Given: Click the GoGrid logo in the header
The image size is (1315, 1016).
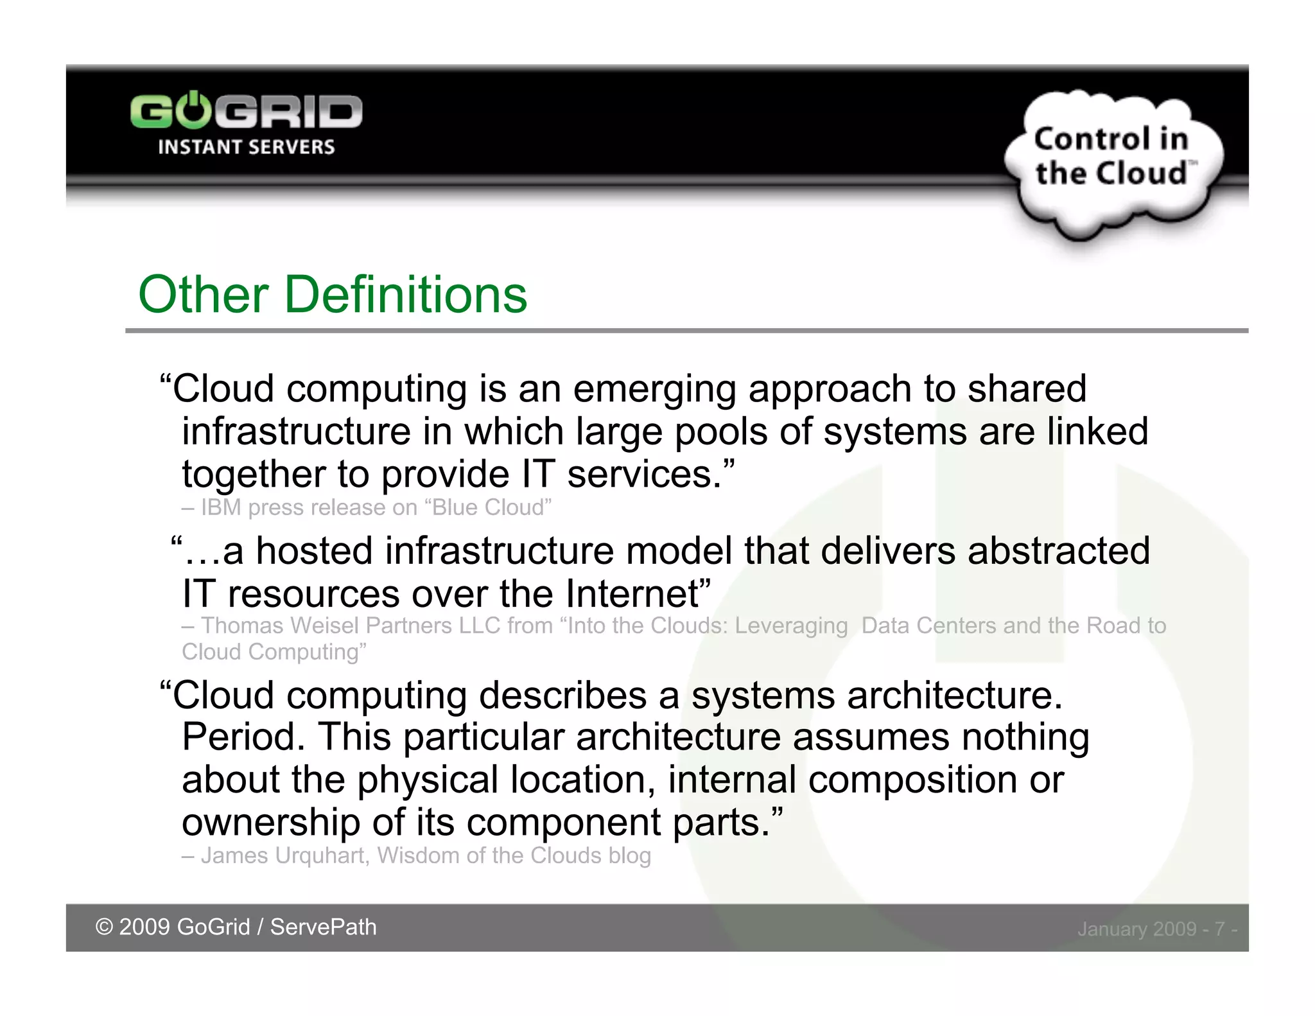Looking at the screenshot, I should click(247, 112).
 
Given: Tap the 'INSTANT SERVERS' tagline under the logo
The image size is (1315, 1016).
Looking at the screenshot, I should click(247, 147).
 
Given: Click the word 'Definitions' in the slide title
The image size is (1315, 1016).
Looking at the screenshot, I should click(405, 295).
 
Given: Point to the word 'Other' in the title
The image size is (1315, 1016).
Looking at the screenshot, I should click(203, 295).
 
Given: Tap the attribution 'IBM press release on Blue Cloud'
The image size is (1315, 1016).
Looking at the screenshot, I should click(376, 507).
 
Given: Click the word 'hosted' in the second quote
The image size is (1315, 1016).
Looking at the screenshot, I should click(315, 552).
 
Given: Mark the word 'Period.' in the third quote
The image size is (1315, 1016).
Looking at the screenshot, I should click(243, 737).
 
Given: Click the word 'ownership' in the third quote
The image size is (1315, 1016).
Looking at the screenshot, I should click(270, 823).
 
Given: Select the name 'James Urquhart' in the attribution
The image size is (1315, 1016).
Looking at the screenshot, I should click(283, 856).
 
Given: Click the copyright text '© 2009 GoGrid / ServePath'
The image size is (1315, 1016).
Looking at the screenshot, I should click(236, 927).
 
